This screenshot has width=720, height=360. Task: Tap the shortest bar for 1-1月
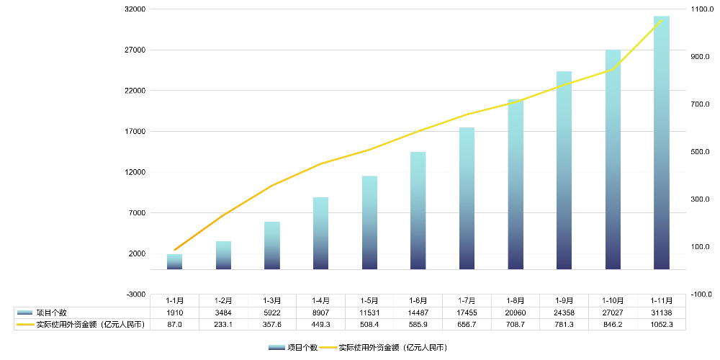[x=174, y=261]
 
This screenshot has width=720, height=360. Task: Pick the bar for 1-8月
[x=515, y=184]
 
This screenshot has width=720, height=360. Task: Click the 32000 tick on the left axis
[x=135, y=9]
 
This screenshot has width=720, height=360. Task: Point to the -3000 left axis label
[x=137, y=294]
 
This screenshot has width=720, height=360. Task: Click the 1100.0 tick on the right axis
[x=701, y=9]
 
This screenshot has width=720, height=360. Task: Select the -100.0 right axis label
[x=701, y=294]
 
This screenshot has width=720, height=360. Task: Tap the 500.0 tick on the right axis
[x=701, y=152]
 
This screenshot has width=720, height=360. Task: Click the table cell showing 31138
[x=661, y=312]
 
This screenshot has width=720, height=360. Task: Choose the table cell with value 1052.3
[x=661, y=325]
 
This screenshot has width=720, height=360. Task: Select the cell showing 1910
[x=174, y=312]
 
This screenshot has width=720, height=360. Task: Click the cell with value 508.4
[x=369, y=325]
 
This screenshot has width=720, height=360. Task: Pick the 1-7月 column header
[x=467, y=300]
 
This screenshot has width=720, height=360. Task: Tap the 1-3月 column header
[x=271, y=300]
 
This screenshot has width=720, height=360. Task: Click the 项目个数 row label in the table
[x=52, y=312]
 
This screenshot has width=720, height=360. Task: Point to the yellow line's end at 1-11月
[x=661, y=21]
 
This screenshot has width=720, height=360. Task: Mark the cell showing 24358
[x=564, y=312]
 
